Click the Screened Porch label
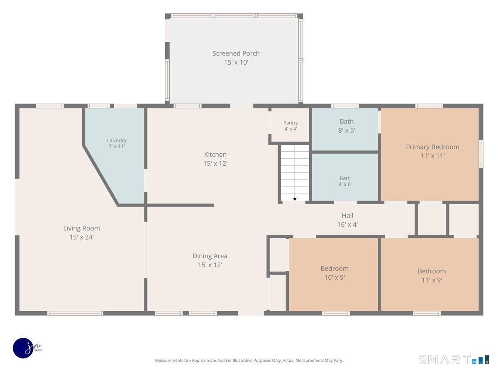(x=236, y=53)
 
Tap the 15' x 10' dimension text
(x=236, y=62)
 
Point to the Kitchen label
(x=215, y=155)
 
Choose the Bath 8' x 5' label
(x=347, y=126)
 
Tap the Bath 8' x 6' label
(x=345, y=181)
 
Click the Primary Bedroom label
(x=432, y=147)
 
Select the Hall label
(x=347, y=216)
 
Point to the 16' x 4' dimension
(x=347, y=225)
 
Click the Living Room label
(x=81, y=228)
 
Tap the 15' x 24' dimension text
(x=81, y=237)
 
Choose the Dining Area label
(x=210, y=256)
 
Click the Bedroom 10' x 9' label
(x=334, y=273)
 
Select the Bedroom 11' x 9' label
(x=432, y=275)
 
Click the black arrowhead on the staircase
(x=295, y=199)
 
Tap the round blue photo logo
(x=23, y=348)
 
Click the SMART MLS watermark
(x=454, y=359)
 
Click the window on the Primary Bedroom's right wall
(x=481, y=154)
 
